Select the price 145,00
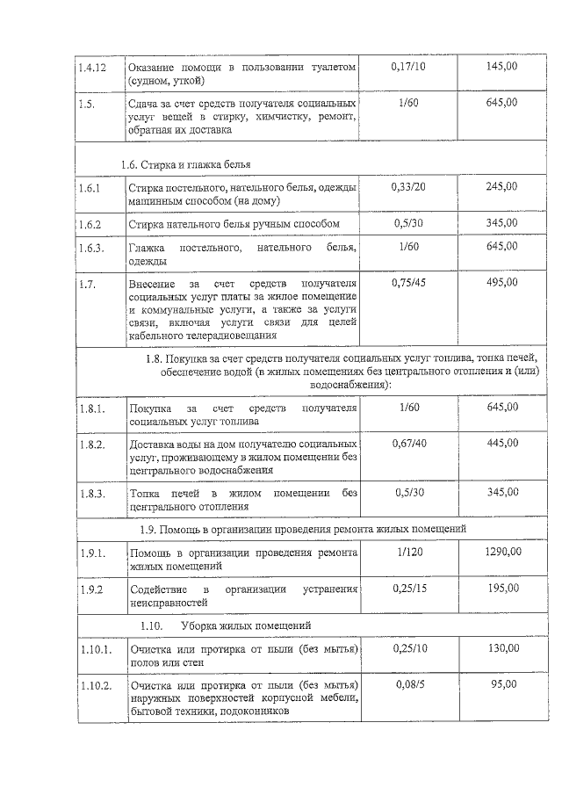pyautogui.click(x=501, y=67)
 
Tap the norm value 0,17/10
pyautogui.click(x=407, y=67)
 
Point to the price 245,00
pyautogui.click(x=501, y=187)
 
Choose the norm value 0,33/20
pyautogui.click(x=407, y=187)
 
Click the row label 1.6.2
pyautogui.click(x=90, y=224)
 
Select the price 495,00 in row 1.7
pyautogui.click(x=501, y=283)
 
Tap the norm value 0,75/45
pyautogui.click(x=407, y=283)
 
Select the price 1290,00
pyautogui.click(x=502, y=552)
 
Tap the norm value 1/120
pyautogui.click(x=407, y=552)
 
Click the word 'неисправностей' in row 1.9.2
pyautogui.click(x=169, y=603)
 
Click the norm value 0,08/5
pyautogui.click(x=407, y=683)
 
